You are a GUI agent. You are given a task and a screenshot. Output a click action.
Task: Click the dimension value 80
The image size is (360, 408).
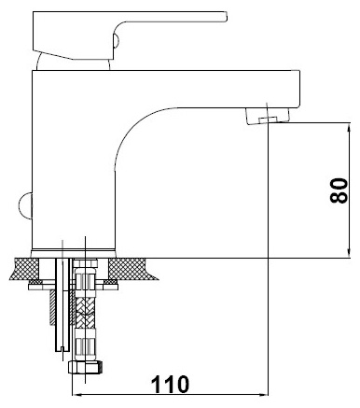point(339,190)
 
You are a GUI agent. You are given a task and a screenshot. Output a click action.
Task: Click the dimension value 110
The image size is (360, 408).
point(170,384)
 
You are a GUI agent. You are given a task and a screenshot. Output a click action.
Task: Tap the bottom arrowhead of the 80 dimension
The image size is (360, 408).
point(350,254)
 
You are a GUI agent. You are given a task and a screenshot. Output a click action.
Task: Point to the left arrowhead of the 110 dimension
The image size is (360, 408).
point(76,395)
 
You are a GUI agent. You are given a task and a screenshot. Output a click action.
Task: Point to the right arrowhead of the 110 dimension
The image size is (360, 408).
point(264,395)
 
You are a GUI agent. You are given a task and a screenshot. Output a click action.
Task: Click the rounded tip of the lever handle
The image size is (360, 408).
point(225,17)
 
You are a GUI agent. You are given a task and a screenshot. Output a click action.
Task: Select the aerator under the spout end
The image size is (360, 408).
point(268,116)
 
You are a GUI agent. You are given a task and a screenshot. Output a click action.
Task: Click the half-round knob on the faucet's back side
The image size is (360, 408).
point(25,206)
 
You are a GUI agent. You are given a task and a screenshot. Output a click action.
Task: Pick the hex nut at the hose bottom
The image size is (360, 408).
point(85,368)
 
